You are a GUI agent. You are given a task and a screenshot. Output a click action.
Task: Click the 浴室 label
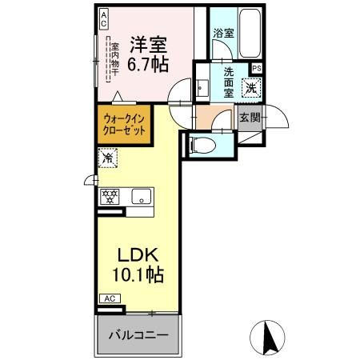(x=224, y=33)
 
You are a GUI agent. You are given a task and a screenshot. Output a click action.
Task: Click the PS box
(x=256, y=69)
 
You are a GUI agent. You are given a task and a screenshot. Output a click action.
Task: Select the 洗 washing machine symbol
(x=251, y=88)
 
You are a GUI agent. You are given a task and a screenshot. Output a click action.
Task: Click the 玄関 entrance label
(x=249, y=118)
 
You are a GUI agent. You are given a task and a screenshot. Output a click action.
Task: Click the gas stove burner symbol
(x=109, y=196)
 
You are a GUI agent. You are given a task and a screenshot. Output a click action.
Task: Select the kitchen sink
(x=140, y=195)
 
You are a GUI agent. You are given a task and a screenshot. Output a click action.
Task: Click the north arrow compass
(x=271, y=336)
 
